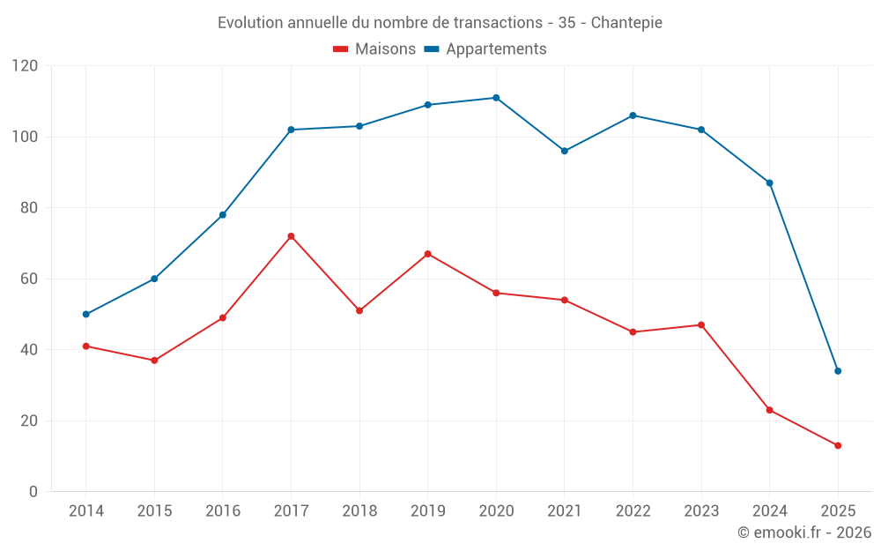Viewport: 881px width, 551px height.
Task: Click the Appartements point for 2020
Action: pos(496,98)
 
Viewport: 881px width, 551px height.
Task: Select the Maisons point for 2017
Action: pos(291,236)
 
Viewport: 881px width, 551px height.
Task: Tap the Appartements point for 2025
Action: pos(838,371)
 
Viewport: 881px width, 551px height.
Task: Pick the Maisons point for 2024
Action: pos(769,410)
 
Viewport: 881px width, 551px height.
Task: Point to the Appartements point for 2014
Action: pos(86,315)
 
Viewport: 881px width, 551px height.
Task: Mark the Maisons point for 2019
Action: pos(428,254)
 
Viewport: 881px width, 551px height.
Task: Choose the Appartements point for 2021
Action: pos(565,151)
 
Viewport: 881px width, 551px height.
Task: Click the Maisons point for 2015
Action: pos(154,361)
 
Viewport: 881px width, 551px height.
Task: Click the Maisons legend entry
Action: pos(374,49)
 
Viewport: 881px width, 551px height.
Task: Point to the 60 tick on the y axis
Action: pos(29,279)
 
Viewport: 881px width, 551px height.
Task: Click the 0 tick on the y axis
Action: pos(33,492)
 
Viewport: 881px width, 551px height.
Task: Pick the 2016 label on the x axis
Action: pos(223,511)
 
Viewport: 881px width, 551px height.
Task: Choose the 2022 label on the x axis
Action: pos(633,511)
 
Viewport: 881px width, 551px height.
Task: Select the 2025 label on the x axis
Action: pos(838,511)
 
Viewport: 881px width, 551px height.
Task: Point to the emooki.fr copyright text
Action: pos(804,532)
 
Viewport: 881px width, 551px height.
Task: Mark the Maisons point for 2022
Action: pos(633,332)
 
